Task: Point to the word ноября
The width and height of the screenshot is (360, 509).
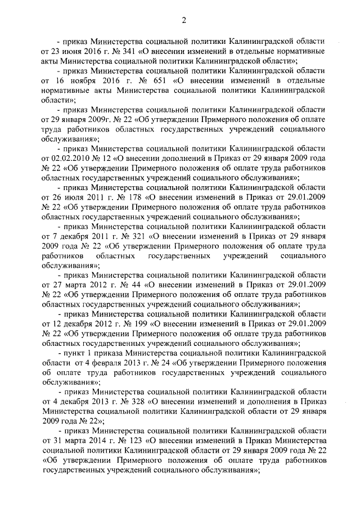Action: click(79, 80)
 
